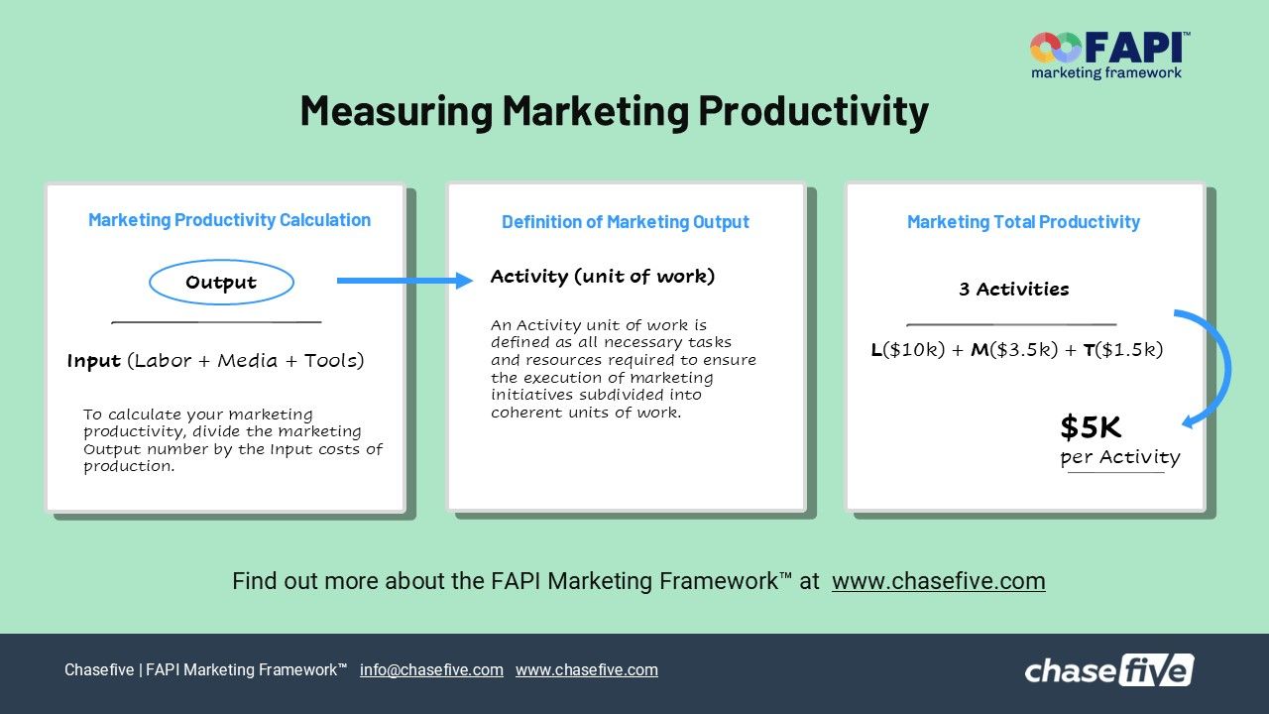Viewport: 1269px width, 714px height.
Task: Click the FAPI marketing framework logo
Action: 1109,55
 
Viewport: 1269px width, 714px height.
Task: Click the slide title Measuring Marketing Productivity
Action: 614,110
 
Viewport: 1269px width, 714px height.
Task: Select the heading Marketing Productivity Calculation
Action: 229,220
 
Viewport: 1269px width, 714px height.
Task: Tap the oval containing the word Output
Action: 221,283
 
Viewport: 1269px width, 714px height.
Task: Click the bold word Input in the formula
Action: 94,361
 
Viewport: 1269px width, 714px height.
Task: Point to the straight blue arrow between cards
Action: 404,281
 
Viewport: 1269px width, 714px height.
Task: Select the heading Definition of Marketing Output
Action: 625,222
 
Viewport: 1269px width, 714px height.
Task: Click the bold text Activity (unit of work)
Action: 602,277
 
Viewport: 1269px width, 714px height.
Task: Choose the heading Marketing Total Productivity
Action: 1023,222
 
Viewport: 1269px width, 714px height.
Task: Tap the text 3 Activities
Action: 1013,290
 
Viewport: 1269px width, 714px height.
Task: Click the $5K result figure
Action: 1091,427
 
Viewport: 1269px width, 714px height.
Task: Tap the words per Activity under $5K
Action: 1119,457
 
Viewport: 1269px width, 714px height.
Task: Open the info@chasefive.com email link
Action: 431,670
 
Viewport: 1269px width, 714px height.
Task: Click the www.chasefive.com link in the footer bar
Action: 586,670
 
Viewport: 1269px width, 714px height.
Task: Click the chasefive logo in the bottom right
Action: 1108,670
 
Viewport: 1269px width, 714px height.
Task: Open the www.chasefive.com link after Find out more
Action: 938,581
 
